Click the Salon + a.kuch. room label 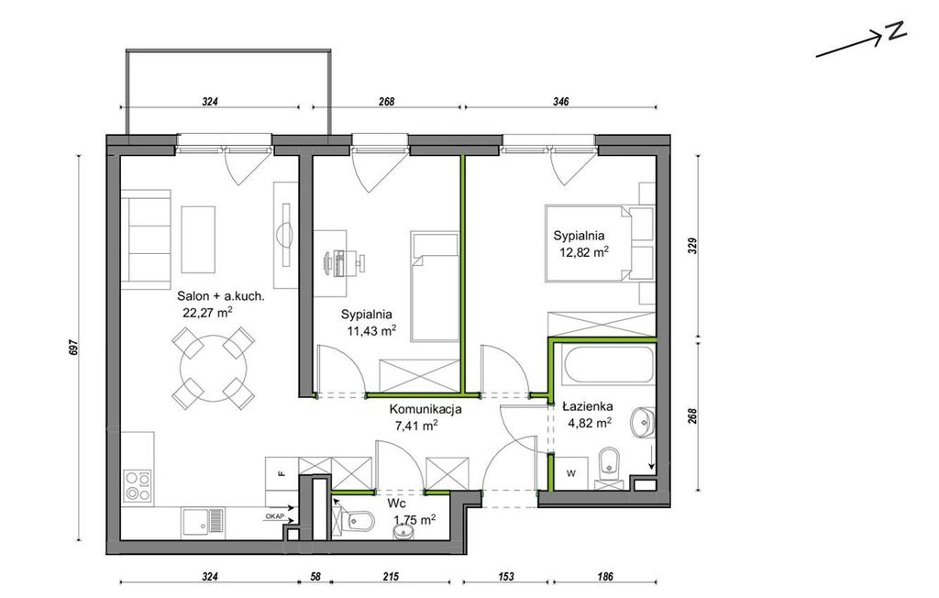(x=221, y=296)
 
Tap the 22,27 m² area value (x=207, y=312)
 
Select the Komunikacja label (x=425, y=410)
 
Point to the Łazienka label (x=588, y=407)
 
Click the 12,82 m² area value (x=584, y=252)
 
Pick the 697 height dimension (x=73, y=348)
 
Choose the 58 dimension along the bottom (x=315, y=577)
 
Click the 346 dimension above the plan (x=560, y=102)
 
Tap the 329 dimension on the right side (x=693, y=247)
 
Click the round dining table (x=213, y=368)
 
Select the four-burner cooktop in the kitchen (x=138, y=485)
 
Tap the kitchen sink (x=204, y=522)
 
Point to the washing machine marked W (x=571, y=473)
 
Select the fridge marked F (x=282, y=474)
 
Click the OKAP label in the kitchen (x=274, y=515)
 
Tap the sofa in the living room (x=146, y=239)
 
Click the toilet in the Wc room (x=357, y=521)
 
